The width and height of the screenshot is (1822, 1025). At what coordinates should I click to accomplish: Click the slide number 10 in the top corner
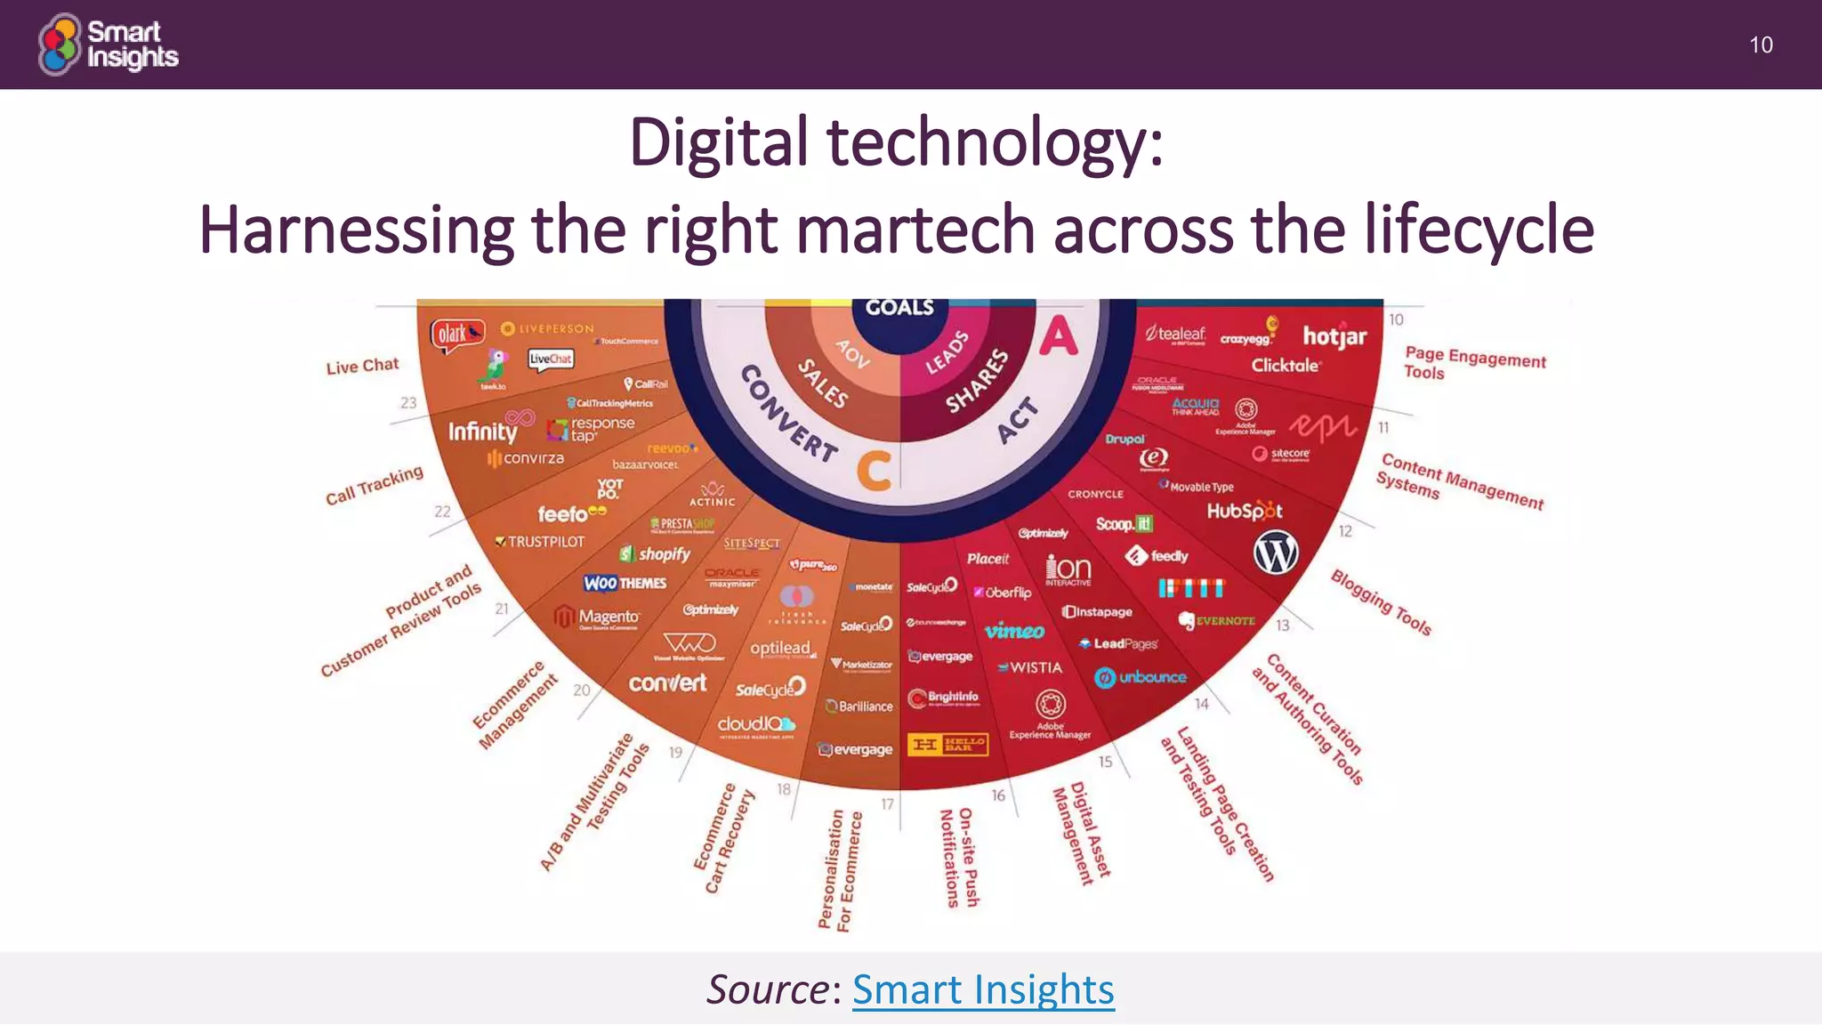[1761, 45]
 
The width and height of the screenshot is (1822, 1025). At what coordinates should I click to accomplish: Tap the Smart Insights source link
[983, 989]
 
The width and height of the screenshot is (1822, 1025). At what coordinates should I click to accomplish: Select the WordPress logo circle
[1276, 553]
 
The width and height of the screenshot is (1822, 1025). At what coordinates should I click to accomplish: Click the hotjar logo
[1334, 336]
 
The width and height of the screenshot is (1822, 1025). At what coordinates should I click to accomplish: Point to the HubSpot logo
[1245, 511]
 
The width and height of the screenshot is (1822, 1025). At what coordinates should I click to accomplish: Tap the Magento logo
[597, 617]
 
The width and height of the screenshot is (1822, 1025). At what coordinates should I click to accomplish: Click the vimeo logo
[1015, 631]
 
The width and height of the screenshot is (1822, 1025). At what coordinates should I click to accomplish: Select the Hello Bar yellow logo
[947, 744]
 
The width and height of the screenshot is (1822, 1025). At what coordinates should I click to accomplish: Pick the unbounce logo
[1141, 677]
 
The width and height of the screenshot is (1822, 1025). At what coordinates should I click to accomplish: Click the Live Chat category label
[362, 366]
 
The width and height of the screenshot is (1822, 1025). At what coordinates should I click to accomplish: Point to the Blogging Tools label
[1381, 602]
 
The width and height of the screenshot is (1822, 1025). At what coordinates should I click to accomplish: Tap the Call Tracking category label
[374, 486]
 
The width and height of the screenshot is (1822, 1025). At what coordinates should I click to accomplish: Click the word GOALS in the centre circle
[899, 308]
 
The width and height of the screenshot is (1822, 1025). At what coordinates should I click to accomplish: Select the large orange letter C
[874, 471]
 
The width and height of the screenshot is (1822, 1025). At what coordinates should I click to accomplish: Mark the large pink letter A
[1059, 336]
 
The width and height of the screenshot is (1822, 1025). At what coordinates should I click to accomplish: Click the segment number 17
[887, 804]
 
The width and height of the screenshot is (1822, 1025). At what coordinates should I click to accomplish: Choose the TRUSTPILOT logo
[540, 541]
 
